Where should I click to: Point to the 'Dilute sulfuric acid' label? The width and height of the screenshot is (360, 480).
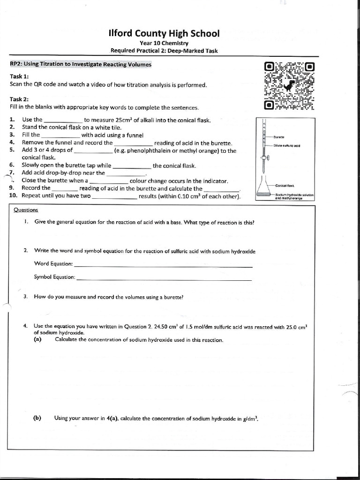coord(287,145)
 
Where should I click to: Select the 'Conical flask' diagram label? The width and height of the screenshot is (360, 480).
coord(285,186)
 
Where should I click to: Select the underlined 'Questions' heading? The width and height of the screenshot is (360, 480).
coord(26,210)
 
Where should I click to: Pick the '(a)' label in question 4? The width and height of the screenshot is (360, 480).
coord(37,340)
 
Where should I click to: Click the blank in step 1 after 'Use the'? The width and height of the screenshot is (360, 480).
coord(63,120)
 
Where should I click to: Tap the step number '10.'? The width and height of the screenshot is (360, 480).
coord(14,196)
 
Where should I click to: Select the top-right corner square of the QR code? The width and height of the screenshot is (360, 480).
coord(310,67)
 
